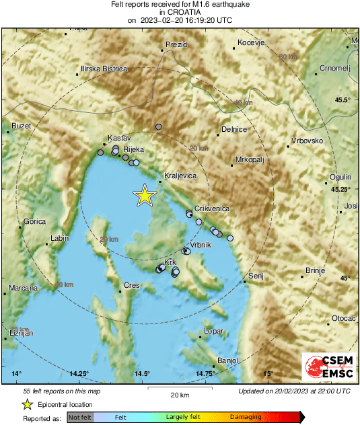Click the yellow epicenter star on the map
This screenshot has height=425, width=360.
pyautogui.click(x=144, y=195)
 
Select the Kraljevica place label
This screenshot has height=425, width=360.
pyautogui.click(x=180, y=175)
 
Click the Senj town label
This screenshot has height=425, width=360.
pyautogui.click(x=255, y=276)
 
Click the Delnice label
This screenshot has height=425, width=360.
pyautogui.click(x=235, y=129)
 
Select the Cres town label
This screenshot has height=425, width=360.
pyautogui.click(x=131, y=285)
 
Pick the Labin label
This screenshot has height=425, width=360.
pyautogui.click(x=60, y=238)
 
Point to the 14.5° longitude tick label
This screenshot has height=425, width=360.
pyautogui.click(x=142, y=373)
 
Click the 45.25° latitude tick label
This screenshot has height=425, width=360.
pyautogui.click(x=340, y=189)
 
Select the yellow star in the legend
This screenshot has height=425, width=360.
pyautogui.click(x=27, y=404)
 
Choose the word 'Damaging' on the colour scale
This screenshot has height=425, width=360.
pyautogui.click(x=246, y=418)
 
